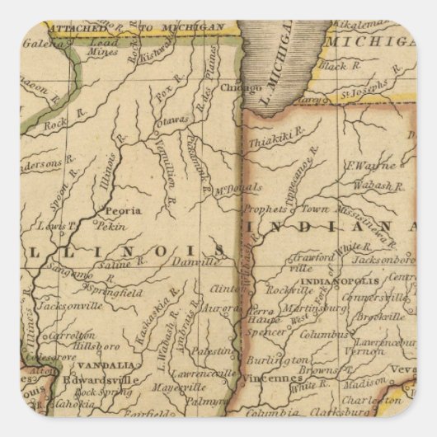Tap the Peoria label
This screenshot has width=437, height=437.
(x=120, y=210)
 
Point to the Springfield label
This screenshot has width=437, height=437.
(x=119, y=292)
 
